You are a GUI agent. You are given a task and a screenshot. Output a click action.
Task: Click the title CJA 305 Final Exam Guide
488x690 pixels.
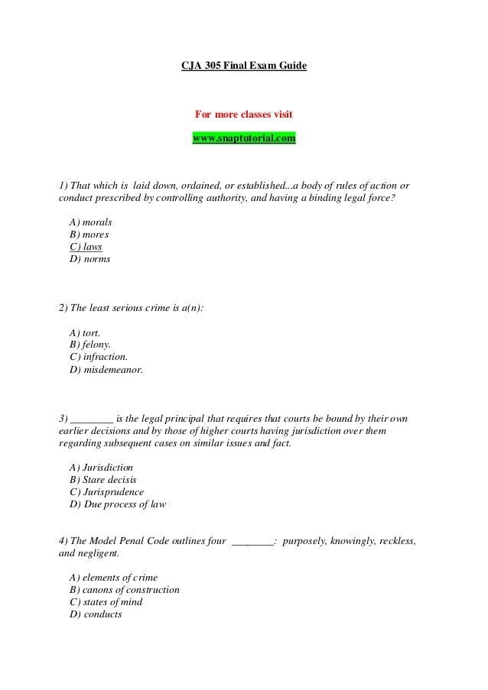pyautogui.click(x=243, y=67)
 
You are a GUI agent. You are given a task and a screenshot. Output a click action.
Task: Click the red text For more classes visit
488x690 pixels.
pyautogui.click(x=243, y=115)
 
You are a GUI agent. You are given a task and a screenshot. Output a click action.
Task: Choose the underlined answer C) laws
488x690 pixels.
pyautogui.click(x=86, y=247)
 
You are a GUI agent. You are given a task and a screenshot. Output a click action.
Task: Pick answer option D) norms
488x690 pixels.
pyautogui.click(x=89, y=259)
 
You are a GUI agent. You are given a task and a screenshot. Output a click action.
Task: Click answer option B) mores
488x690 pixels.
pyautogui.click(x=89, y=234)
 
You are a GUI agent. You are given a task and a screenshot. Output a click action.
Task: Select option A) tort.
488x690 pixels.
pyautogui.click(x=84, y=333)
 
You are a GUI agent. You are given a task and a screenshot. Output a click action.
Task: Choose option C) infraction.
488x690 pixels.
pyautogui.click(x=98, y=358)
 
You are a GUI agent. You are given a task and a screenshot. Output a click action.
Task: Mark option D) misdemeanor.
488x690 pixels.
pyautogui.click(x=106, y=370)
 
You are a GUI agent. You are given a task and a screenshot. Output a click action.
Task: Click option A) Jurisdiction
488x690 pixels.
pyautogui.click(x=101, y=467)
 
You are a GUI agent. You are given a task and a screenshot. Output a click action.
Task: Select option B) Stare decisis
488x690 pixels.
pyautogui.click(x=103, y=479)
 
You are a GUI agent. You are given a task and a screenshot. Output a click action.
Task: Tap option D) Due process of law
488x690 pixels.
pyautogui.click(x=117, y=504)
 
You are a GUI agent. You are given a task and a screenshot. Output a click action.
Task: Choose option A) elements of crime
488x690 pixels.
pyautogui.click(x=113, y=578)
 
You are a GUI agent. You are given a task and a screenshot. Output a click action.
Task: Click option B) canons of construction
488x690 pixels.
pyautogui.click(x=124, y=590)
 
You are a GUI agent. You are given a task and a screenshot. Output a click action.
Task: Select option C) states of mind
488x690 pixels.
pyautogui.click(x=106, y=602)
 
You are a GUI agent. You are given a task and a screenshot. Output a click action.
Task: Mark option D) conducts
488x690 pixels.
pyautogui.click(x=95, y=614)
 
